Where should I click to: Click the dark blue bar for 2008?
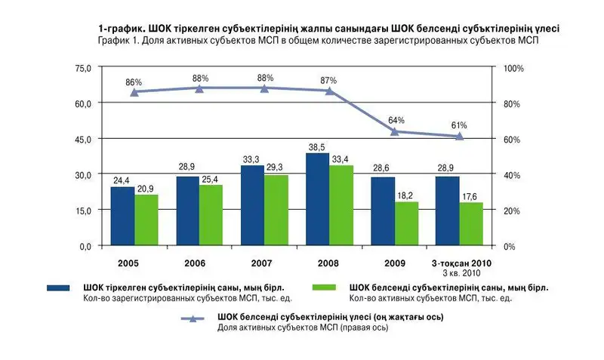point(318,200)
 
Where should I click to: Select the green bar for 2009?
point(406,224)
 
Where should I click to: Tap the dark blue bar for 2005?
point(122,217)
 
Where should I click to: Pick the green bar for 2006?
point(211,215)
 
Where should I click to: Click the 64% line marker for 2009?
point(395,131)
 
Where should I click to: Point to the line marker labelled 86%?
point(134,92)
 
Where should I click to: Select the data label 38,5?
point(318,147)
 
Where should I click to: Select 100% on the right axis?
point(513,69)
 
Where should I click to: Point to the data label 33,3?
point(251,159)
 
